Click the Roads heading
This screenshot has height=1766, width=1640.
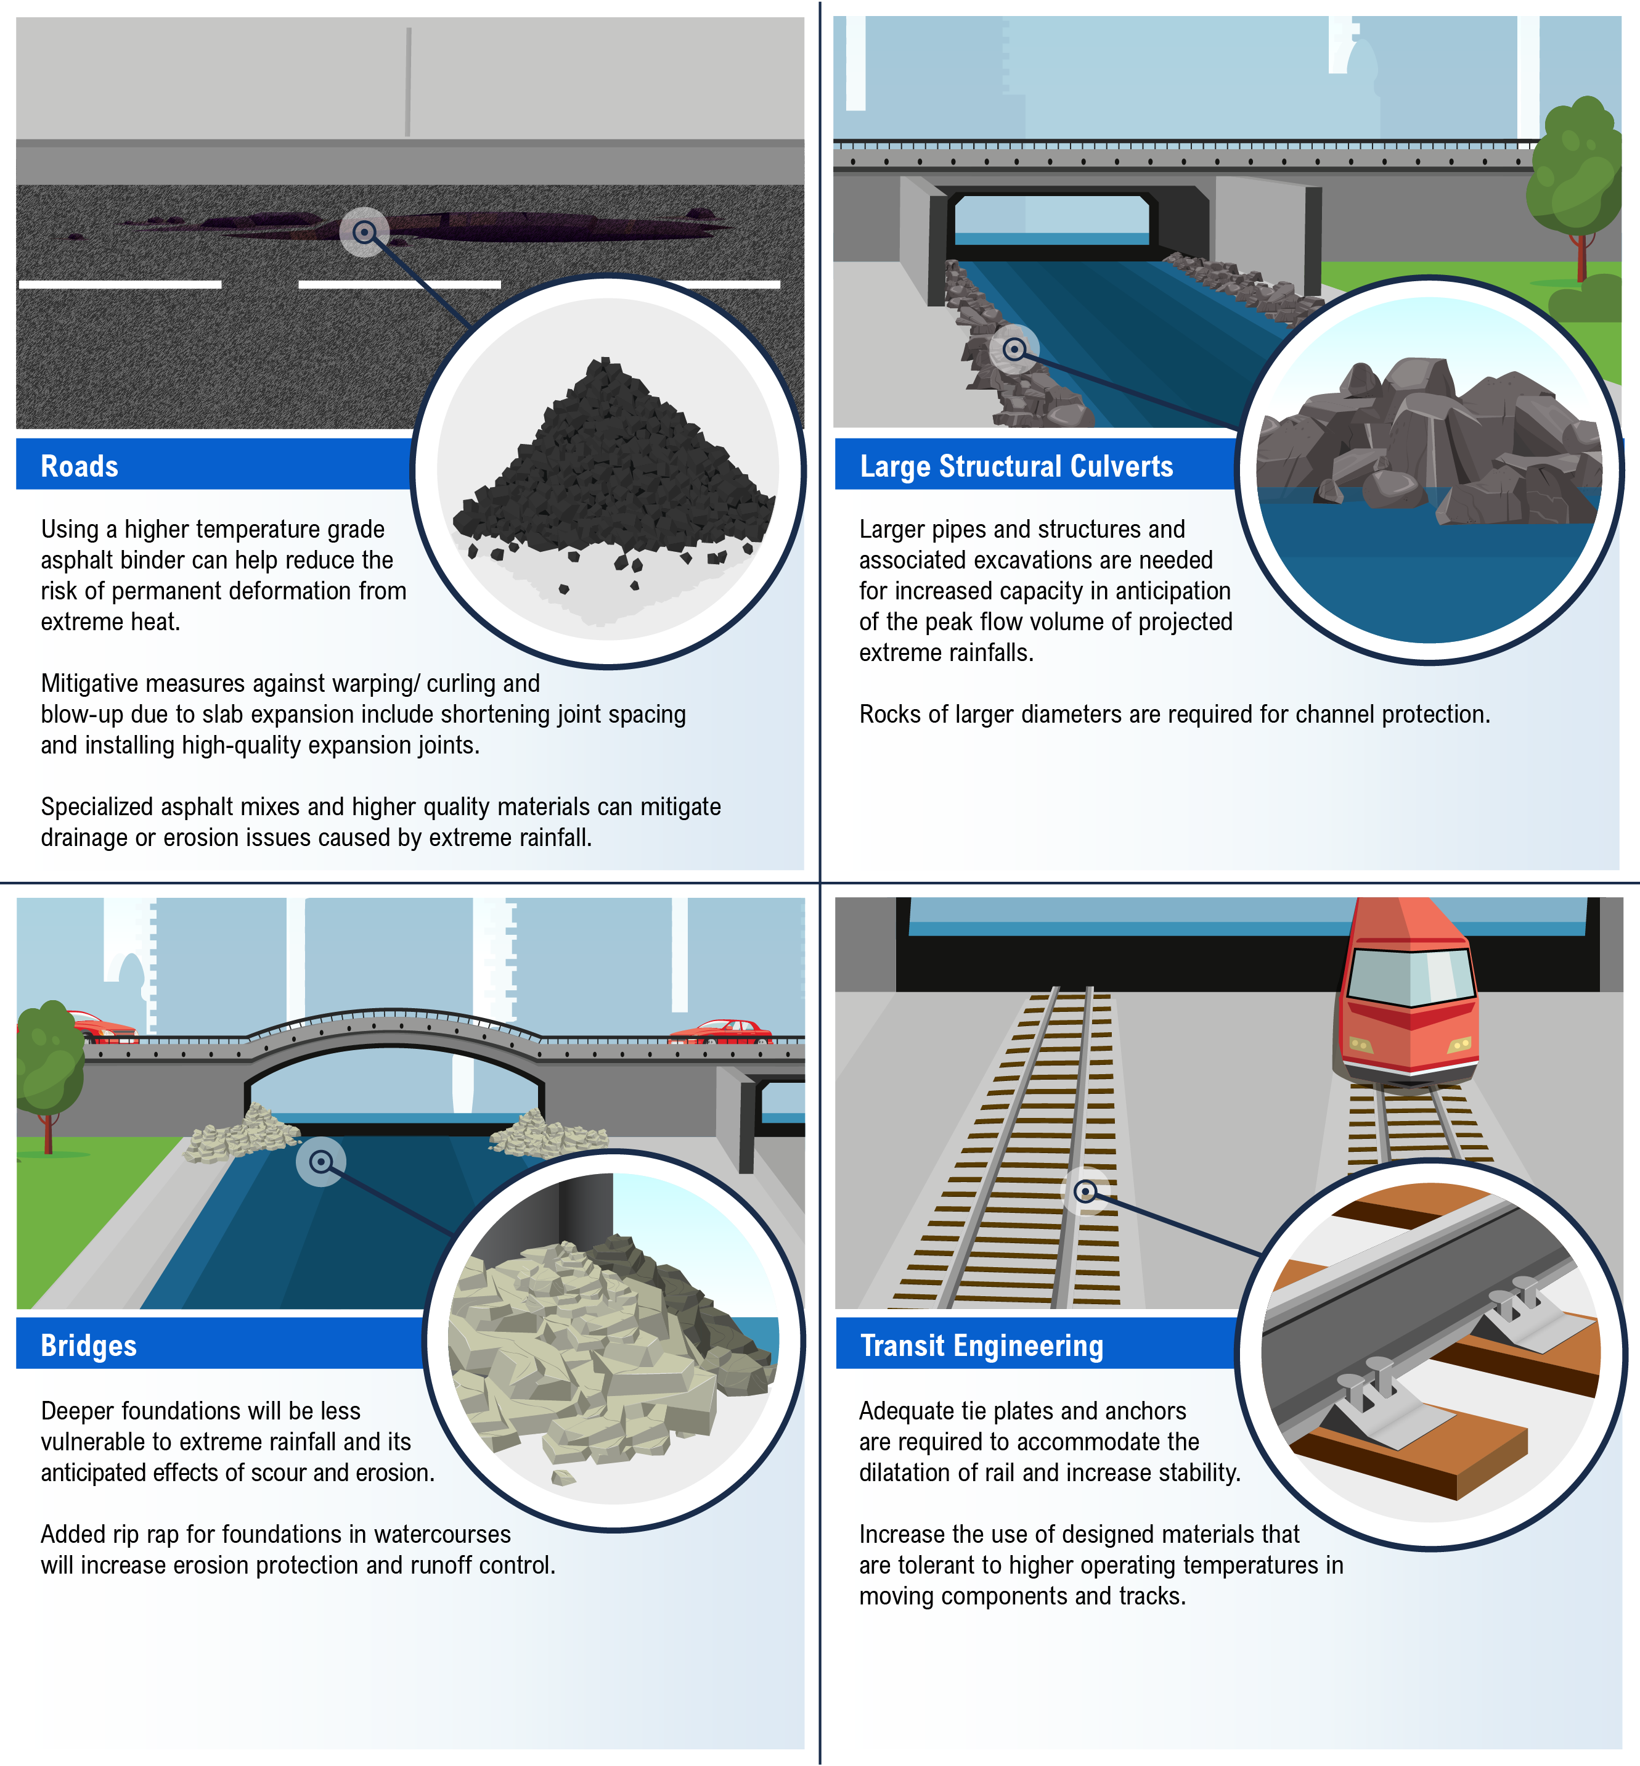80,466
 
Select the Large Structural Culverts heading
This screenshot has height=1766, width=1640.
1016,466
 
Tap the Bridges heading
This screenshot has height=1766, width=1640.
89,1345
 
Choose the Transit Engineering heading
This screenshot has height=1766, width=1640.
982,1345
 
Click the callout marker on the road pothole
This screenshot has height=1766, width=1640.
364,232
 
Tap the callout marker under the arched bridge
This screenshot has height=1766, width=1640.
320,1161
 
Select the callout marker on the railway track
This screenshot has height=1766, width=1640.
1085,1191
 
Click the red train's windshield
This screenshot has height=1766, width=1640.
1411,975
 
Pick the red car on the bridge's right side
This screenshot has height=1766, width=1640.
720,1031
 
